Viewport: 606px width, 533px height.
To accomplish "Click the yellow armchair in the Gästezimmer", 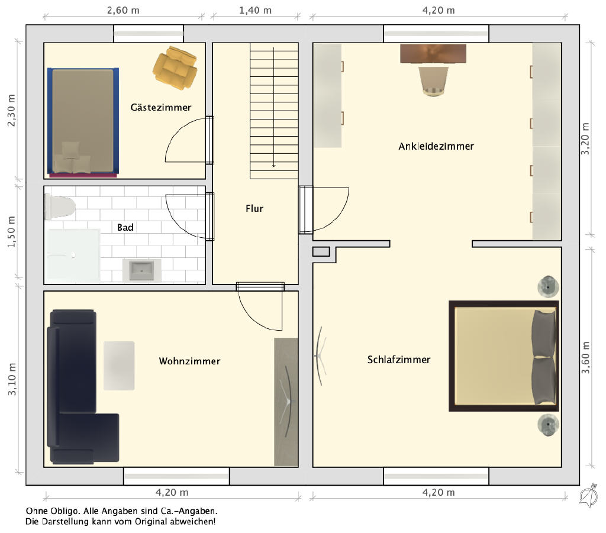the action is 175,68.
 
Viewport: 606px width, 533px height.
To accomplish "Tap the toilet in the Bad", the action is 59,207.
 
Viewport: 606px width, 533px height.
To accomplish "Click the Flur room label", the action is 254,209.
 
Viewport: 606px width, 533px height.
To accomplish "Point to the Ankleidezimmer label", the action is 436,146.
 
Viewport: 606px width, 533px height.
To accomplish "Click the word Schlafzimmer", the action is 399,360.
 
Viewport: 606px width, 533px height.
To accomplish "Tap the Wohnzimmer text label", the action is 189,361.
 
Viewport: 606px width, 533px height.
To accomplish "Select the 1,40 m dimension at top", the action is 255,11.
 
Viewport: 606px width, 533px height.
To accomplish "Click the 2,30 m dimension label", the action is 12,110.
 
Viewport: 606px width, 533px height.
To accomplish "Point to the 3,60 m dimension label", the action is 586,358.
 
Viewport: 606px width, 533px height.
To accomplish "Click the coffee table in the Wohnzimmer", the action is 119,366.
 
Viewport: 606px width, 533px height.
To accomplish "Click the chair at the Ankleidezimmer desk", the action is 433,81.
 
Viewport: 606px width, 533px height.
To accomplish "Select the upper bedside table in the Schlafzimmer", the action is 548,287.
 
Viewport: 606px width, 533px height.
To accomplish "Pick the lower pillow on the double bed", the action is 544,381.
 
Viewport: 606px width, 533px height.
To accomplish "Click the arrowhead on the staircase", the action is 273,165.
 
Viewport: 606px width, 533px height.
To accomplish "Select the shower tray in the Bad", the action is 72,255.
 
